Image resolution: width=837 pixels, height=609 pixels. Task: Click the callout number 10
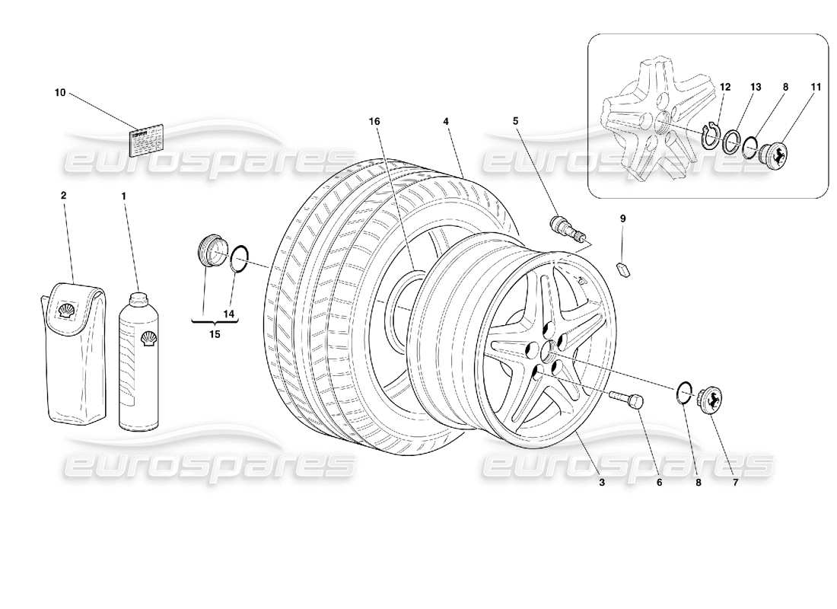60,93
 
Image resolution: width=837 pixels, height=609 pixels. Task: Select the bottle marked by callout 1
141,358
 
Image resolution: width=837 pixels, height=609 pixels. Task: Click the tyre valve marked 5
564,228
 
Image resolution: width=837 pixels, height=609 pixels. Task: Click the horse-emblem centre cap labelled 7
710,399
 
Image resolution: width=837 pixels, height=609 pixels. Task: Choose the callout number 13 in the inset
756,88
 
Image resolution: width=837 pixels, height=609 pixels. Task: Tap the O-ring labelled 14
238,258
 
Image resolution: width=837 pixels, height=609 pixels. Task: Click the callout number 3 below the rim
601,481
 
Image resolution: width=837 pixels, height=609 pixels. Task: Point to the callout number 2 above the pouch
63,196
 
